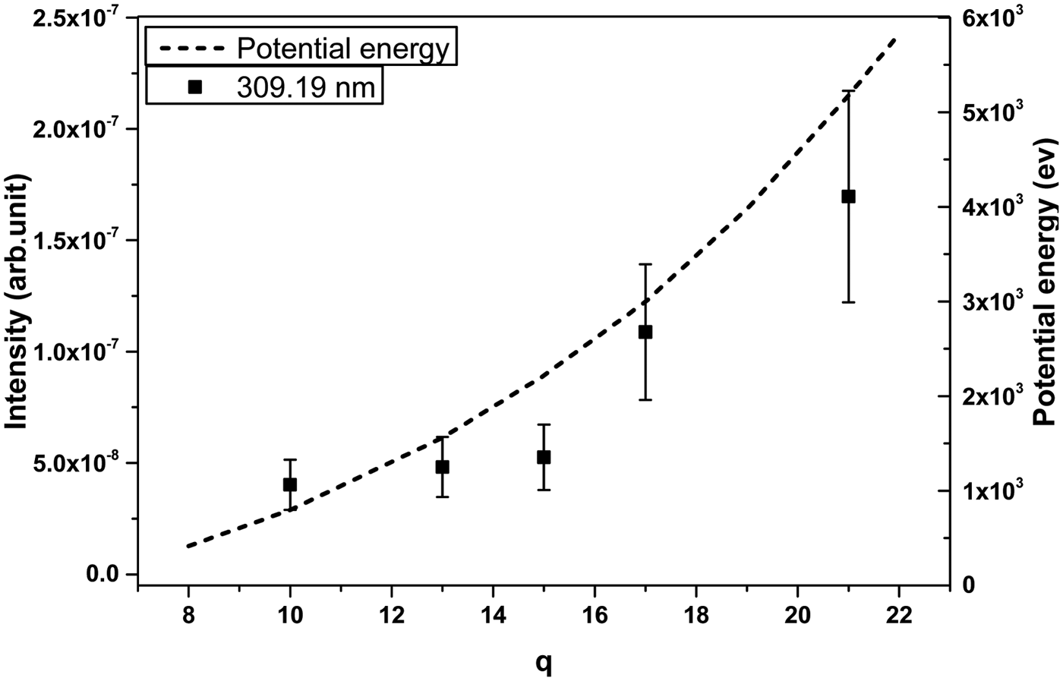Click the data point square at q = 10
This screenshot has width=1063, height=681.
coord(289,484)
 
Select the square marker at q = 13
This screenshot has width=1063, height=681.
coord(442,467)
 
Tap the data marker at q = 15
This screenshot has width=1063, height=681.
coord(544,457)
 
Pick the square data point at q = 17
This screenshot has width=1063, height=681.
coord(645,332)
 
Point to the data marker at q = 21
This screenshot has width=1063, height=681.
coord(849,196)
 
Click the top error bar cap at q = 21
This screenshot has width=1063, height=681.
coord(849,91)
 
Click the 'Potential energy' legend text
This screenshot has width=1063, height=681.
coord(344,49)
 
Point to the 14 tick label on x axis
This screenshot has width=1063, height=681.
coord(493,613)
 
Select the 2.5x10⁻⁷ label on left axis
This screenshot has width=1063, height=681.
coord(77,18)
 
